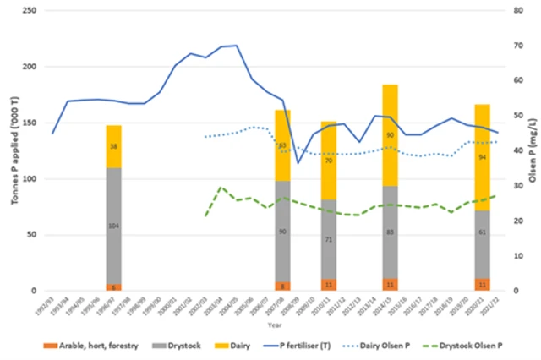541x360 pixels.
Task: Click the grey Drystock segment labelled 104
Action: (113, 226)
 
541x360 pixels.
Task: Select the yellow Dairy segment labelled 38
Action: (113, 146)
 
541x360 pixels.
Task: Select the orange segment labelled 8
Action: (282, 286)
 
